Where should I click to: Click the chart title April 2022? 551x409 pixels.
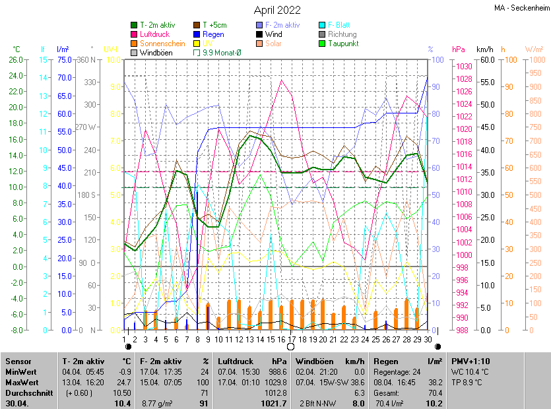[277, 10]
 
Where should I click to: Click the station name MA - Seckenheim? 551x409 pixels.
[521, 8]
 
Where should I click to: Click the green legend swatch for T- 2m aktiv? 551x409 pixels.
[134, 25]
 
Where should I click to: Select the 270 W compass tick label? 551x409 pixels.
[88, 127]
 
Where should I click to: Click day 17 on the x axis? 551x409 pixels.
[291, 339]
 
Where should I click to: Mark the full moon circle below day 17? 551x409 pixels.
[291, 346]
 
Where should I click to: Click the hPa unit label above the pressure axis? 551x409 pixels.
[459, 49]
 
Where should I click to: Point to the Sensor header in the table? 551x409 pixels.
[18, 362]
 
